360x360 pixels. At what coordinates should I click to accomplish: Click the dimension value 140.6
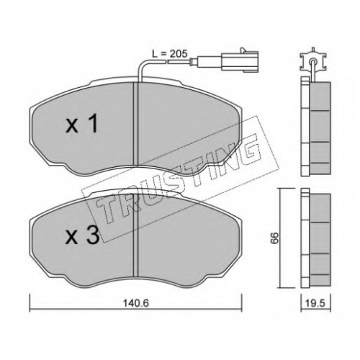pyautogui.click(x=136, y=303)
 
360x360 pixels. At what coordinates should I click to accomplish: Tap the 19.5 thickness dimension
pyautogui.click(x=316, y=303)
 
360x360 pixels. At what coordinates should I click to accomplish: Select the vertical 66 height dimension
pyautogui.click(x=275, y=238)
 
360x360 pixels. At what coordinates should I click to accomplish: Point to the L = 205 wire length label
pyautogui.click(x=170, y=54)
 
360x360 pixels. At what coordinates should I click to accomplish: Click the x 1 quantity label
pyautogui.click(x=82, y=124)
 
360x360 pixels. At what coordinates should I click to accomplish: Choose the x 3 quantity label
pyautogui.click(x=83, y=235)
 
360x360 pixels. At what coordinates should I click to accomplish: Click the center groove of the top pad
pyautogui.click(x=136, y=124)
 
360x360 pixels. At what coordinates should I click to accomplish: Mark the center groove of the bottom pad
pyautogui.click(x=136, y=235)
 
